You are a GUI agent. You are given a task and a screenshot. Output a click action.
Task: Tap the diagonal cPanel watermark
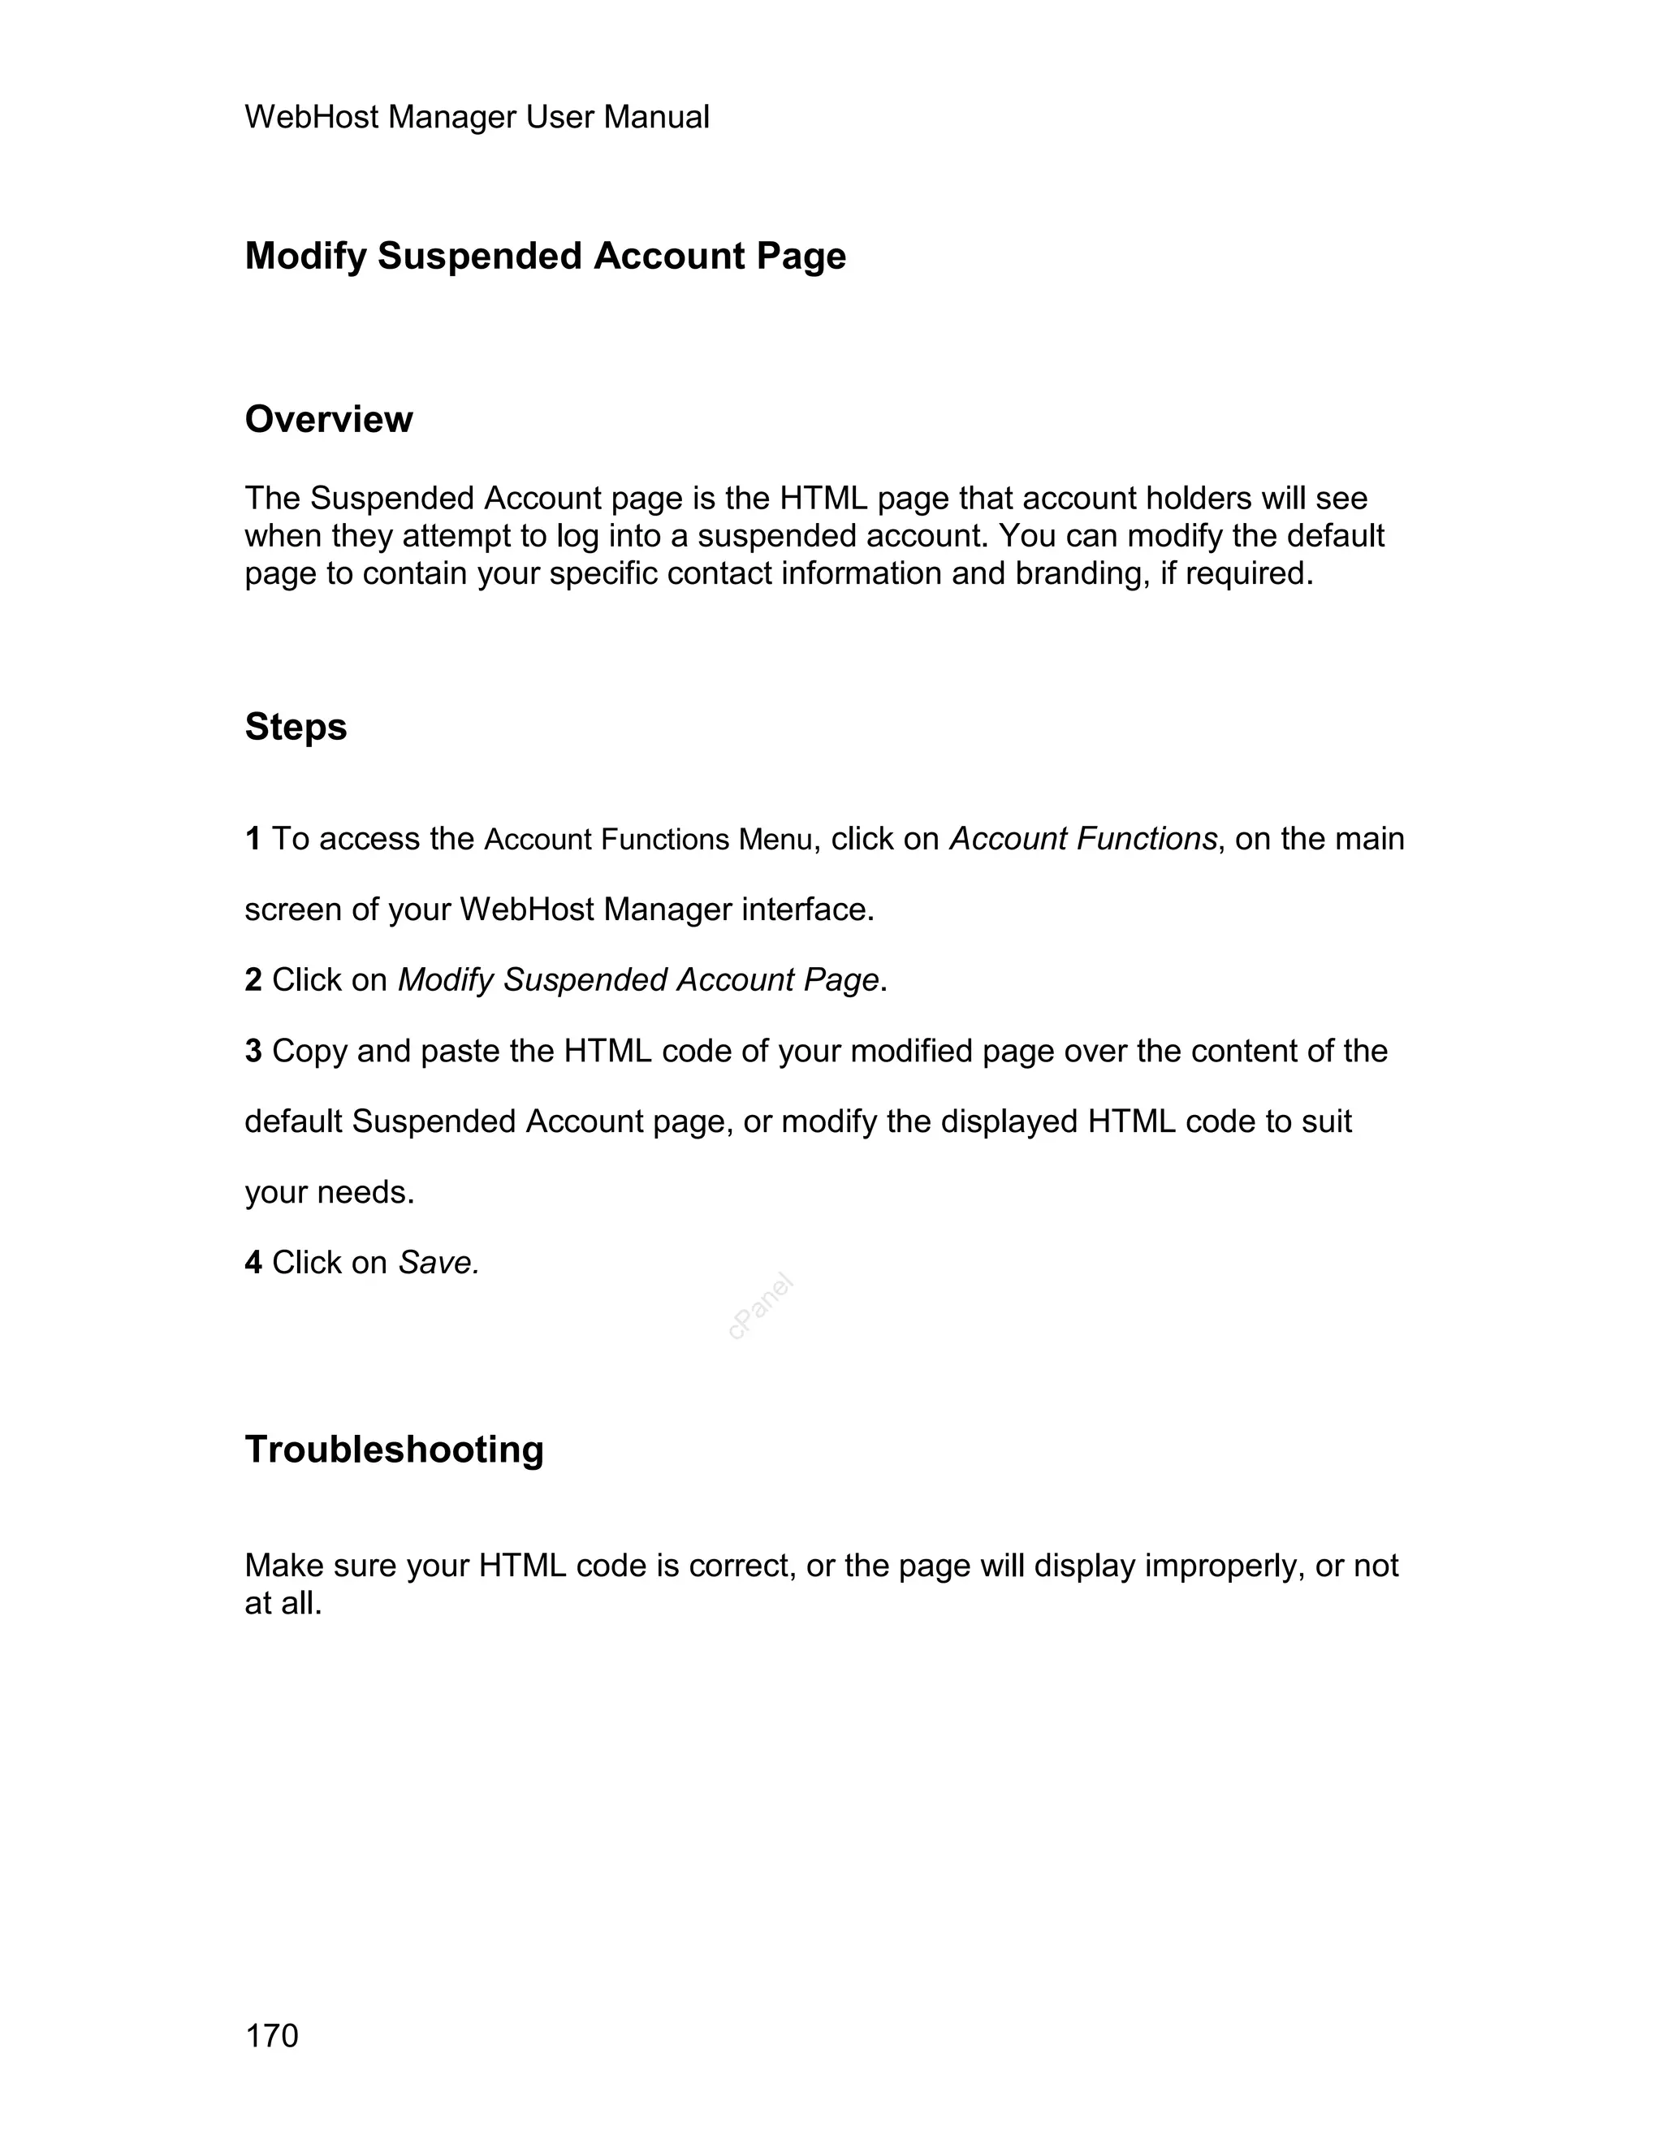pos(761,1307)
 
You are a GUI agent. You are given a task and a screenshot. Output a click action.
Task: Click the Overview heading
pos(328,420)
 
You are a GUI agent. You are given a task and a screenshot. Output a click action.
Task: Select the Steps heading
pos(296,727)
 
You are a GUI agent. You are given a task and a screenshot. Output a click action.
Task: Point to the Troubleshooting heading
pos(394,1450)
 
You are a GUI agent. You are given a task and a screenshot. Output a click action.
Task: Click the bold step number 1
pos(253,839)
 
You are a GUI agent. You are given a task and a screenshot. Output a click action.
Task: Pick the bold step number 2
pos(253,979)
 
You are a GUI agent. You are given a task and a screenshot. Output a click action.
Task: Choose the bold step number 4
pos(253,1262)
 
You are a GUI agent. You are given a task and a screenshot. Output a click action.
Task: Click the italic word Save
pos(438,1262)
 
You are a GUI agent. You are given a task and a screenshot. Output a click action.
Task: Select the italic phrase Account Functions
pos(1082,839)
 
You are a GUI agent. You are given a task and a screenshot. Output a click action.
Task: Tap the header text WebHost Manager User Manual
pos(477,117)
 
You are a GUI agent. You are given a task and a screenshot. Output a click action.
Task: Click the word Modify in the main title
pos(305,256)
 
